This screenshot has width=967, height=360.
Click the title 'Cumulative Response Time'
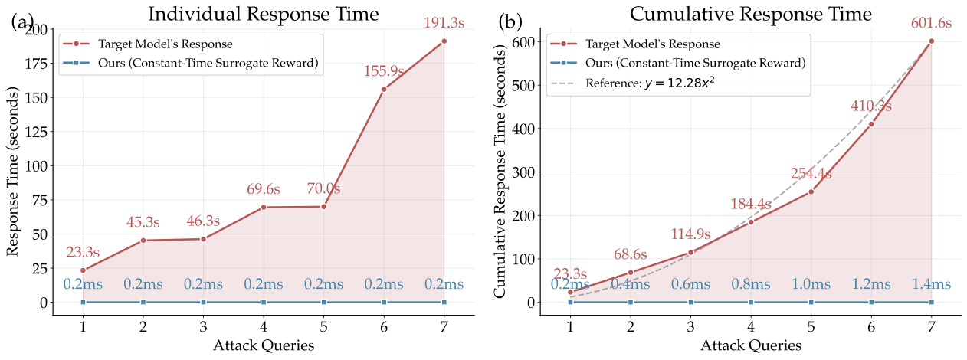(750, 14)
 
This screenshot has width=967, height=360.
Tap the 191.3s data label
(444, 25)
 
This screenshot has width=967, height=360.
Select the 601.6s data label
(931, 25)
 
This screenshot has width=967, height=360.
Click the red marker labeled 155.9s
(384, 89)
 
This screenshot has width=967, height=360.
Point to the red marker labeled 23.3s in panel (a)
(83, 270)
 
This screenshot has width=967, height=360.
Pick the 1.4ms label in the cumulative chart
(931, 285)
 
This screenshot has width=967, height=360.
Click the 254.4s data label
(811, 173)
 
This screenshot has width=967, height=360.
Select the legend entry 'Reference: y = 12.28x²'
(651, 83)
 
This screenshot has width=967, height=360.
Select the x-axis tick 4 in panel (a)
(264, 327)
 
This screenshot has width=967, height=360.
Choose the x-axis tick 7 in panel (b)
(931, 327)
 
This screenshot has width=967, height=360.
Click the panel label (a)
(23, 21)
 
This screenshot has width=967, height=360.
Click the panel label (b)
(511, 21)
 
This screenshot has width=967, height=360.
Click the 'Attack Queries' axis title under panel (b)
(750, 345)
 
